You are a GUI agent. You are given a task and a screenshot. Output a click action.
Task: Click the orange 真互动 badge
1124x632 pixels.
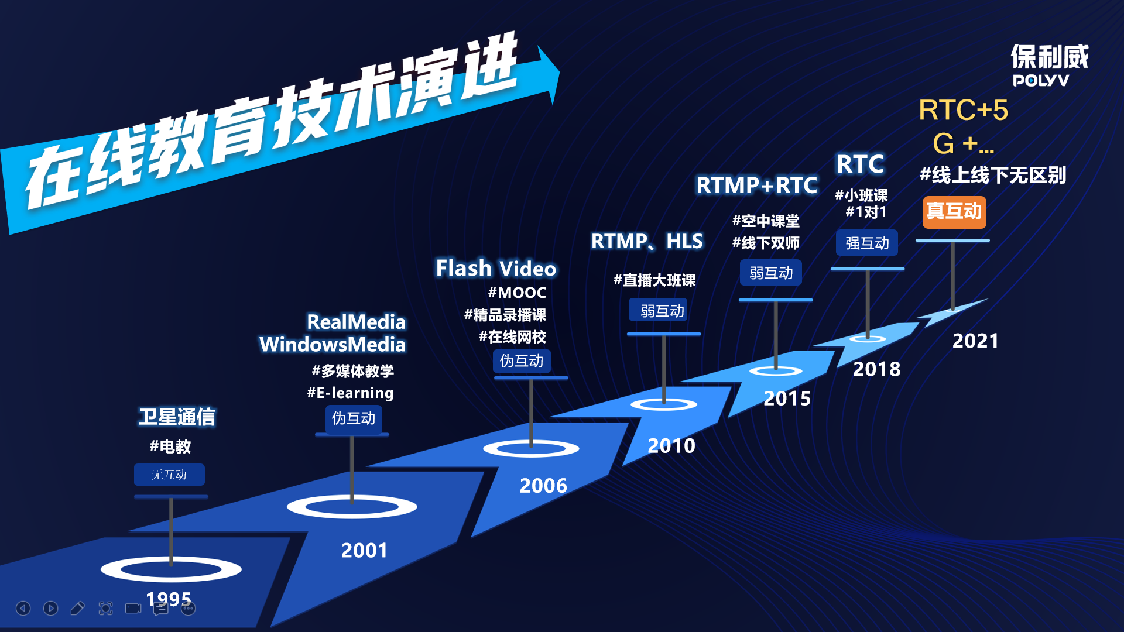(954, 212)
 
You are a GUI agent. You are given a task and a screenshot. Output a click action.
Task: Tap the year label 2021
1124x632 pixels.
(975, 341)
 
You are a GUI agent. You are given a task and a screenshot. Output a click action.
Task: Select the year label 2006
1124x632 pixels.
(543, 486)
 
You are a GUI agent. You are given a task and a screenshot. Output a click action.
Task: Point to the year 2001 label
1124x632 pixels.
(364, 551)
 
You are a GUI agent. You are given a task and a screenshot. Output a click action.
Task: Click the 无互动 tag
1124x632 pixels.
(169, 475)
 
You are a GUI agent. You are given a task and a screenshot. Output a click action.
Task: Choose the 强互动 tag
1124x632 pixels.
(867, 243)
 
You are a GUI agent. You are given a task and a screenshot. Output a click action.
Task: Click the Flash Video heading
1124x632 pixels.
(496, 269)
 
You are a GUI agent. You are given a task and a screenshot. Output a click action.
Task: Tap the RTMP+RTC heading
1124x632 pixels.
(756, 186)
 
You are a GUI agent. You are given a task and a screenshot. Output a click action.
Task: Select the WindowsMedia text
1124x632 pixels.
(333, 345)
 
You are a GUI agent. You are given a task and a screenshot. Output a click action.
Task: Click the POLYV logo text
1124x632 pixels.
(1041, 81)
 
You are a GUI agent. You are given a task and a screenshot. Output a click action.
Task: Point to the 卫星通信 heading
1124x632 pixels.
(177, 417)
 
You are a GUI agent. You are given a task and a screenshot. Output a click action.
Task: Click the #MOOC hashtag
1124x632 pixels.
(517, 293)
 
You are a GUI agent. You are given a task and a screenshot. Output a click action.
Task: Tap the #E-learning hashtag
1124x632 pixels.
(350, 393)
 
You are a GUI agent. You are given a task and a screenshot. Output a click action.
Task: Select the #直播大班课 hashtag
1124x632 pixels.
(654, 280)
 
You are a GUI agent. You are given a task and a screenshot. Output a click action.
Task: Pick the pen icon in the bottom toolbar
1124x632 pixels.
(77, 609)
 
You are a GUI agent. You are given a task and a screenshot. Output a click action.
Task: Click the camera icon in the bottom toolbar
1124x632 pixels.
(133, 609)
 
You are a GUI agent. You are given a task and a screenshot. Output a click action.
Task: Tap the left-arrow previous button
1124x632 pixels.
(23, 609)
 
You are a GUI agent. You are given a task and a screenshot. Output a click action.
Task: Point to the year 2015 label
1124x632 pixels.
(787, 399)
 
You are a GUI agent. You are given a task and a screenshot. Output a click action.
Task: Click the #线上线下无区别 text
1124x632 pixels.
(993, 175)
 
